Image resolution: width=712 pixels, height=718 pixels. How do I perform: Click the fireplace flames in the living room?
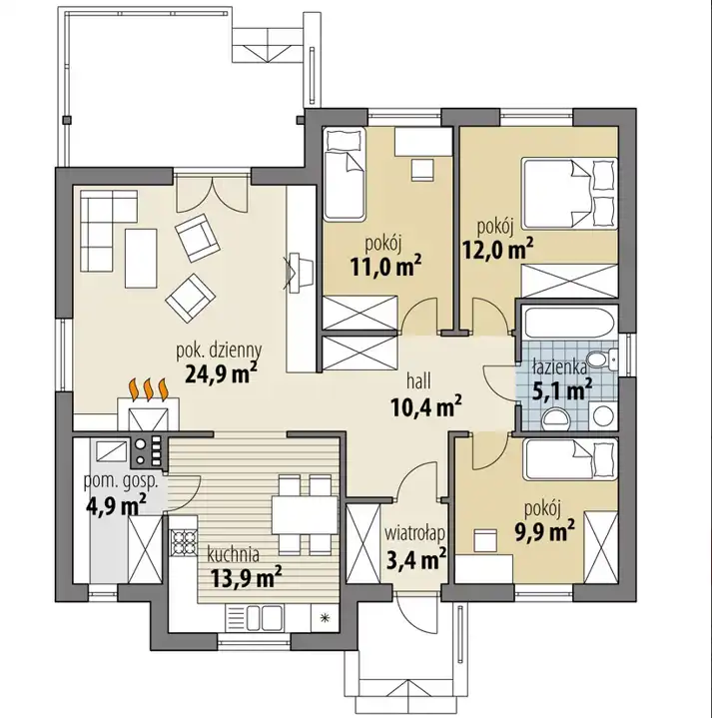point(149,389)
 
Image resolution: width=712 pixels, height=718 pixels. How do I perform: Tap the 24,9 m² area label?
point(221,372)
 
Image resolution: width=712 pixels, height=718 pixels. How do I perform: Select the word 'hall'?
point(418,380)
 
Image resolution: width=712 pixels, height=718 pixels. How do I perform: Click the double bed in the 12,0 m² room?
point(568,193)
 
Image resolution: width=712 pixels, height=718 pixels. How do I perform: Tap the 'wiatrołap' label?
point(414,534)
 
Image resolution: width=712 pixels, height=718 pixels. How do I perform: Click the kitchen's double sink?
point(265,617)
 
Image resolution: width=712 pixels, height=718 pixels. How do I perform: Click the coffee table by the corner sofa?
point(141,259)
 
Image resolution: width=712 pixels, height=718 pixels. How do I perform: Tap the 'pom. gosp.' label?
point(121,481)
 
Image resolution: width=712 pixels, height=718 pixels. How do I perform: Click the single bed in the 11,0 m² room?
point(345,173)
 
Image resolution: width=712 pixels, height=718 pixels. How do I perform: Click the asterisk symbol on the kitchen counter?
point(326,618)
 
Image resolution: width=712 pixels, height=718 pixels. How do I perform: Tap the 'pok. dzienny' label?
point(219,352)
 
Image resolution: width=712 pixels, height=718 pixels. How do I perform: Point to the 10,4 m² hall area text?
point(425,406)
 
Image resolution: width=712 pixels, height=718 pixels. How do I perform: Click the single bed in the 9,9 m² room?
point(569,459)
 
